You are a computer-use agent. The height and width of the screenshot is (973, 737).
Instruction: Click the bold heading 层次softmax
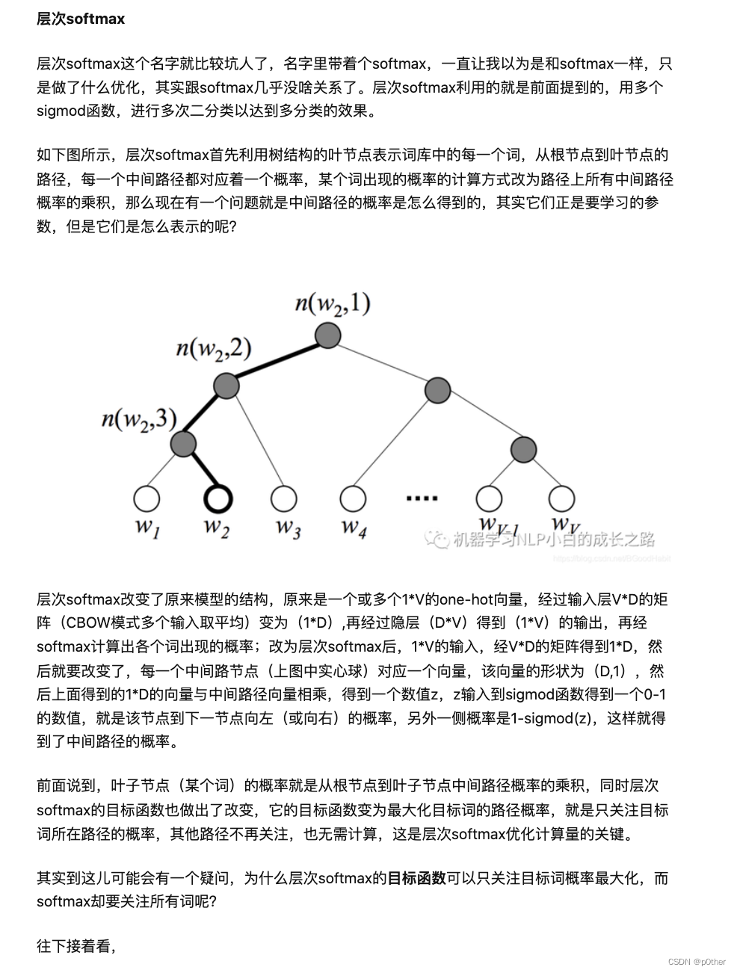(81, 19)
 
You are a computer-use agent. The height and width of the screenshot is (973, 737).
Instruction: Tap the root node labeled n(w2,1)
(328, 335)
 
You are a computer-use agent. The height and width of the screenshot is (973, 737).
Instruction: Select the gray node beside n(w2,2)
(226, 386)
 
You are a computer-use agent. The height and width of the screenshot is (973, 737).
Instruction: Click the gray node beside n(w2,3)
(183, 443)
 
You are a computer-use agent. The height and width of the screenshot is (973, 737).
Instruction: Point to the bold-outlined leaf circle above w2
(218, 498)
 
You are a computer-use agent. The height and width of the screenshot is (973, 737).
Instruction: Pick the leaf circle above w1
(147, 498)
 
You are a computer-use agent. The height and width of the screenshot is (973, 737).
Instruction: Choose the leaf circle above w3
(284, 498)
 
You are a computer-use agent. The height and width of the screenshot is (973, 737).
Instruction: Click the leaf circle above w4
(353, 498)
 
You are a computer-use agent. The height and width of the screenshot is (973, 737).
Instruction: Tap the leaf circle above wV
(561, 498)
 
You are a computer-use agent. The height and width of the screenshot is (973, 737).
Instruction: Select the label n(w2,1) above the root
(333, 303)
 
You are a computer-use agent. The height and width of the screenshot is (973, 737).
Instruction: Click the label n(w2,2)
(213, 349)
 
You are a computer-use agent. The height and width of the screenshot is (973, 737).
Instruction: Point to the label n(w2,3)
(139, 419)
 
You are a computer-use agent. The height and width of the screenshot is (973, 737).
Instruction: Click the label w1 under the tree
(147, 527)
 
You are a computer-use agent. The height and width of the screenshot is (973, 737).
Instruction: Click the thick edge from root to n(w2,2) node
(277, 360)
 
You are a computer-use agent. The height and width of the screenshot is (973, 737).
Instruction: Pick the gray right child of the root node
(437, 389)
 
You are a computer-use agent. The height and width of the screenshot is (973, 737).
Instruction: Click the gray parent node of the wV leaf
(524, 449)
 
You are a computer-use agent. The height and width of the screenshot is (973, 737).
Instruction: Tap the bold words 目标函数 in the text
(416, 878)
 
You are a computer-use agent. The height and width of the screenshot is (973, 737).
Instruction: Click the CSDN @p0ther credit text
(697, 962)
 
